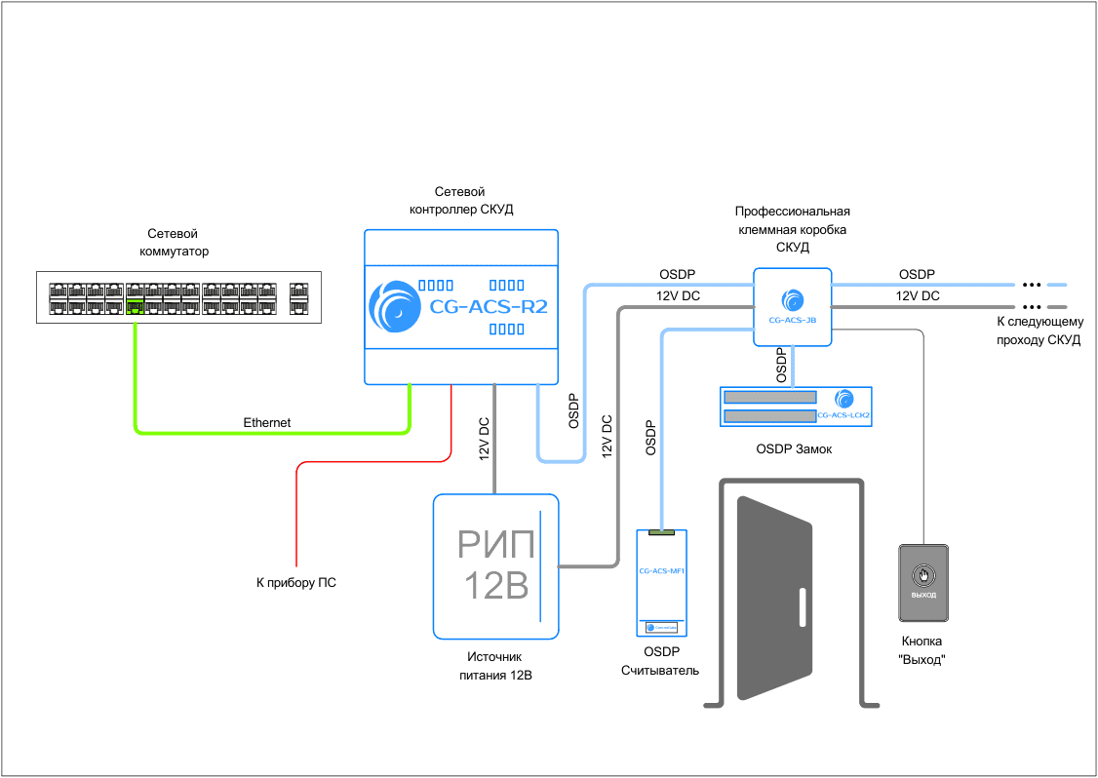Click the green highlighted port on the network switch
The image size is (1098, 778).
pos(135,308)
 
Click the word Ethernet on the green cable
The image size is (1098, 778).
pos(266,423)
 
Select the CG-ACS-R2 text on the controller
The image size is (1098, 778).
pos(489,307)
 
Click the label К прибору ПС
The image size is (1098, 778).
pos(295,583)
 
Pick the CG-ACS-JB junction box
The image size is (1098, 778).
pos(792,307)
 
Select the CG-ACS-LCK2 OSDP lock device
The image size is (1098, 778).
pos(796,407)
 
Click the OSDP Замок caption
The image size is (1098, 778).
pos(795,450)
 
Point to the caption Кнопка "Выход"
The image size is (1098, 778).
pos(922,650)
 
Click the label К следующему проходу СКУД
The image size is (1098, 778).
pos(1038,331)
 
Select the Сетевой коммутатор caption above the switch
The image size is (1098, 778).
pos(173,243)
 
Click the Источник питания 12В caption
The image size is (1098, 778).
pos(496,666)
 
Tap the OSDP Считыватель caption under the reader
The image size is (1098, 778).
pos(660,661)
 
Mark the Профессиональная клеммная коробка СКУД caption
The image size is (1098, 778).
pos(792,229)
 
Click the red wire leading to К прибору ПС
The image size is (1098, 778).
pos(295,517)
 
